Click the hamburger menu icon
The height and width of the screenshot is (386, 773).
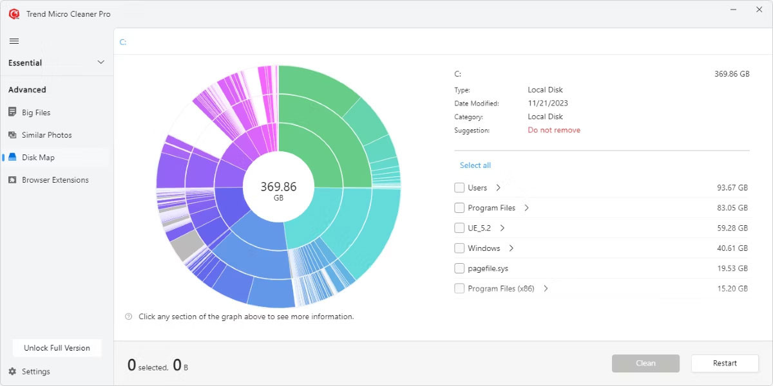tap(14, 41)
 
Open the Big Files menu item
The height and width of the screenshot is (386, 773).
tap(35, 113)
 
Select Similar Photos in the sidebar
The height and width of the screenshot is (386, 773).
tap(46, 135)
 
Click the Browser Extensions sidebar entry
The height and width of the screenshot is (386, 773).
tap(55, 180)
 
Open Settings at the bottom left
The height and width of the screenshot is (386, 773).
tap(35, 371)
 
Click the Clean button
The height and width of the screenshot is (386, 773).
tap(645, 363)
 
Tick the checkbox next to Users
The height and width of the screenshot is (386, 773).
tap(459, 188)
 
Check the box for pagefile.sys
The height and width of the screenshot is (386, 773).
tap(459, 268)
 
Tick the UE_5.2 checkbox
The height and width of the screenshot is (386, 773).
tap(459, 228)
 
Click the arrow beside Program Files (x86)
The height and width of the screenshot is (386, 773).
tap(546, 289)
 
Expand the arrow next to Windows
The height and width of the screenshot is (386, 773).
tap(511, 248)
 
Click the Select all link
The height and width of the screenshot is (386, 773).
tap(475, 165)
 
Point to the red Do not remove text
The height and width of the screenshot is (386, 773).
tap(554, 130)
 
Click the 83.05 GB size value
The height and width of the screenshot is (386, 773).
tap(732, 208)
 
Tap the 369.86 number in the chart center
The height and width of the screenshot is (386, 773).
tap(278, 187)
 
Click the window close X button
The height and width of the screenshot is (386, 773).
tap(759, 10)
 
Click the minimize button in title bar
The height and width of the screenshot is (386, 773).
tap(734, 10)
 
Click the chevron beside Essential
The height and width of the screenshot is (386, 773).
tap(100, 62)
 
